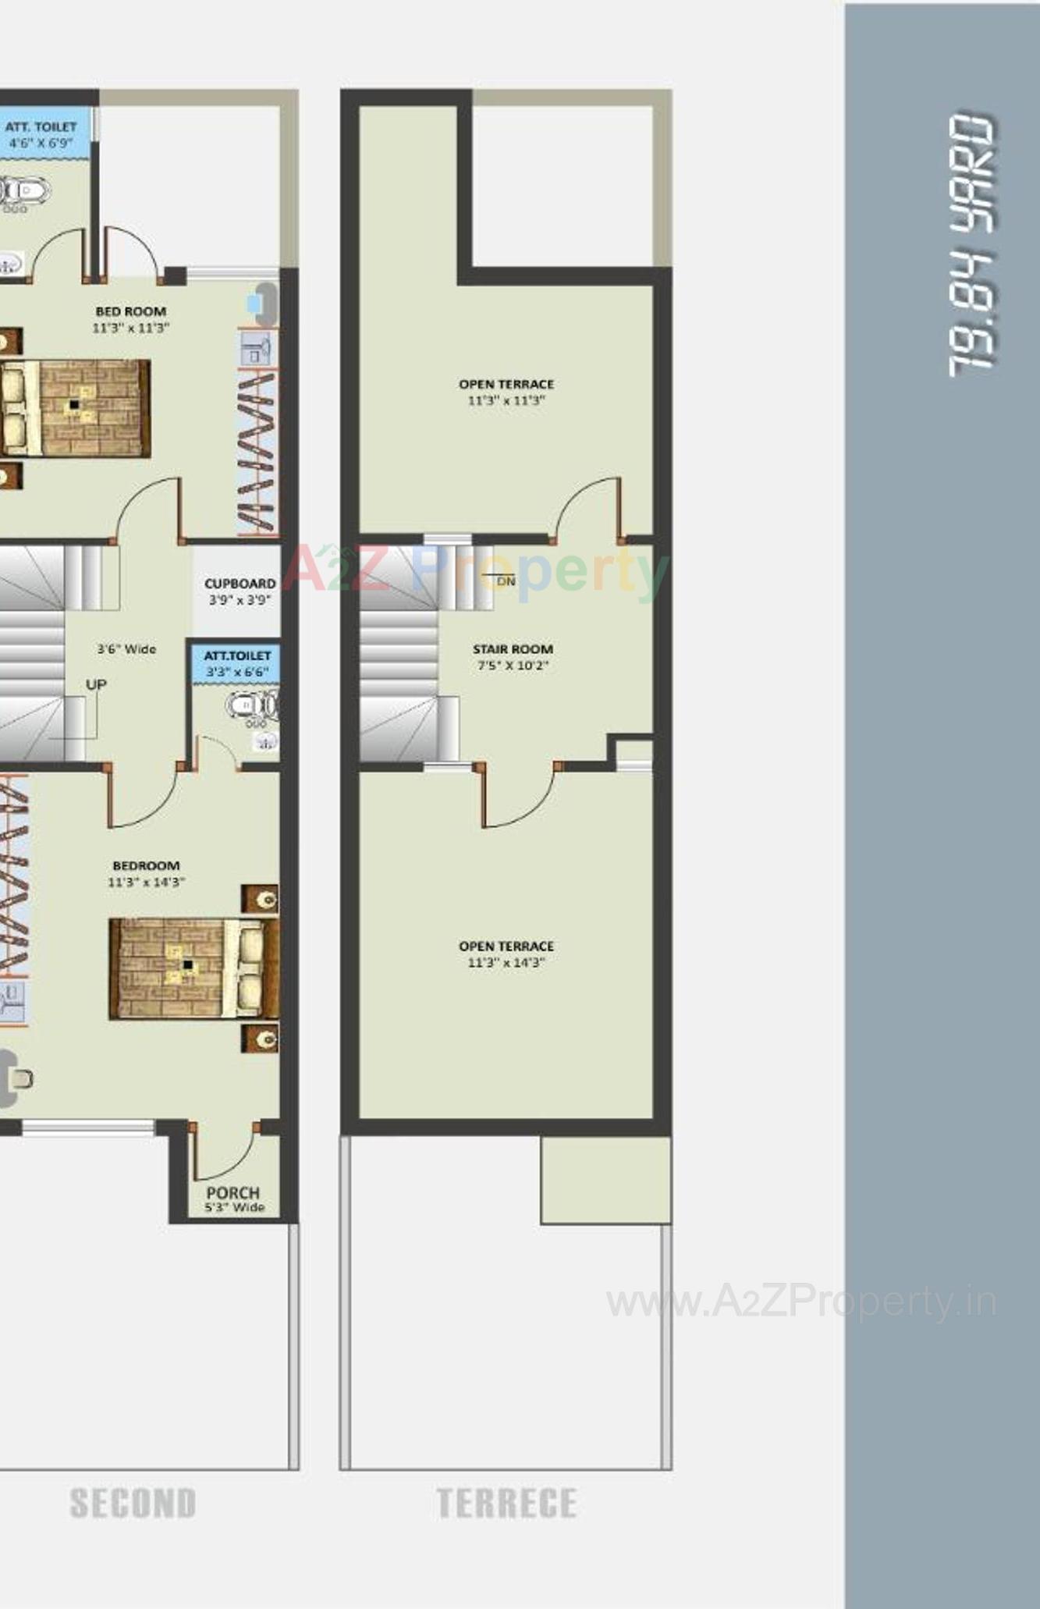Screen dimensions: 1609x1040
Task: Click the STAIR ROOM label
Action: pyautogui.click(x=513, y=656)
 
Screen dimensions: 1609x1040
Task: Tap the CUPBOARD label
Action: pyautogui.click(x=240, y=591)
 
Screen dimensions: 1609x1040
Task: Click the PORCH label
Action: pyautogui.click(x=233, y=1199)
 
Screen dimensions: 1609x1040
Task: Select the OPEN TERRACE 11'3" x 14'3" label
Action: pyautogui.click(x=506, y=954)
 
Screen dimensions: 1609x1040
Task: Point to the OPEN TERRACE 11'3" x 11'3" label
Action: pyautogui.click(x=506, y=392)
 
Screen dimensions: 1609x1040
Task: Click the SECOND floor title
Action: pyautogui.click(x=133, y=1504)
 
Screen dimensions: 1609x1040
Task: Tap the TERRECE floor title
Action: pyautogui.click(x=507, y=1504)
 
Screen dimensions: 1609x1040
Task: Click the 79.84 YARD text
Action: pyautogui.click(x=971, y=246)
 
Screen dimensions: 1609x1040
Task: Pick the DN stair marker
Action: pyautogui.click(x=506, y=581)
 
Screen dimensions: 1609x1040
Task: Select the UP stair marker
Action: pyautogui.click(x=96, y=684)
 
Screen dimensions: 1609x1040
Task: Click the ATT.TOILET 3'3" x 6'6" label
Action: pyautogui.click(x=237, y=663)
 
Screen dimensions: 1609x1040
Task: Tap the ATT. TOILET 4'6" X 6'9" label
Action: pyautogui.click(x=41, y=134)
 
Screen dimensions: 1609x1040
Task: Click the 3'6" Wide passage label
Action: pyautogui.click(x=126, y=648)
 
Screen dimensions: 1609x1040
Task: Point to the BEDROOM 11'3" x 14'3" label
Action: pyautogui.click(x=146, y=873)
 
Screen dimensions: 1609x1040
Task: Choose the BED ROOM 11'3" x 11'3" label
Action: pyautogui.click(x=130, y=319)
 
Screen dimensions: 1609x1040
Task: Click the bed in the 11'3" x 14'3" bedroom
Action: pyautogui.click(x=193, y=968)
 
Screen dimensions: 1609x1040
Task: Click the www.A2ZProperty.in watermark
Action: pyautogui.click(x=801, y=1301)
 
